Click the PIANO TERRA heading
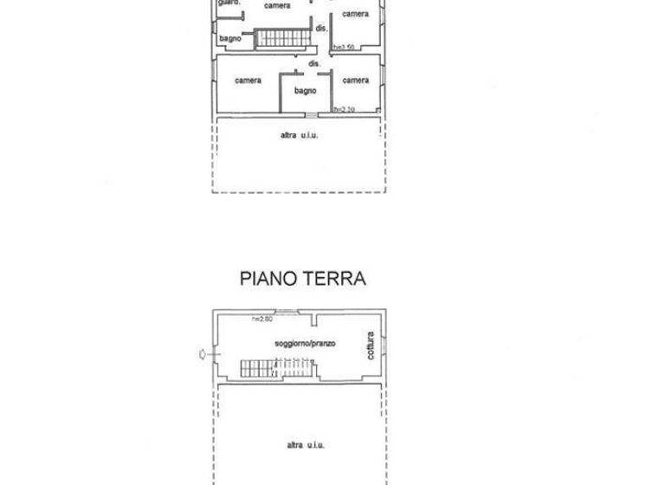coord(302,279)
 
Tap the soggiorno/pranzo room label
coord(305,344)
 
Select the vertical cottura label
coord(370,345)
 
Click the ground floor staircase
coord(259,368)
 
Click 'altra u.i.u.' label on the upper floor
coord(299,135)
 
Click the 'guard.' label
coord(229,3)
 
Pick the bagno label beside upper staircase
coord(229,38)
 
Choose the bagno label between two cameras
coord(305,90)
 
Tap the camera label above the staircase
coord(277,6)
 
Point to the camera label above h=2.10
coord(356,81)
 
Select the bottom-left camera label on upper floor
coord(248,81)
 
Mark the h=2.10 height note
coord(345,110)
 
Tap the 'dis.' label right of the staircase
coord(320,29)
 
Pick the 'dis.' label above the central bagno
coord(314,63)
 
